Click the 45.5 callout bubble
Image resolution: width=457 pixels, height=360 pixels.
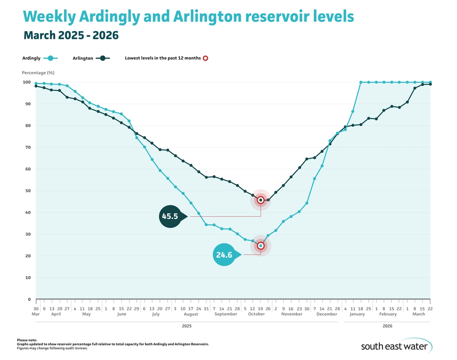tap(170, 217)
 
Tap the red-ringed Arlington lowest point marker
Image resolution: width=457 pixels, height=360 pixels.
tap(261, 200)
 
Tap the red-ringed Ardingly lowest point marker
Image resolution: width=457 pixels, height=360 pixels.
tap(261, 246)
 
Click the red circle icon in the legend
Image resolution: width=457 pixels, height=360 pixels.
tap(205, 58)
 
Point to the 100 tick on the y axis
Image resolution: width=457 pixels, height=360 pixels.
tap(26, 82)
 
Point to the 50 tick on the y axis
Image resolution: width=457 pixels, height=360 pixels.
tap(27, 191)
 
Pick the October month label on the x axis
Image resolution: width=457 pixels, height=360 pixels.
tap(257, 314)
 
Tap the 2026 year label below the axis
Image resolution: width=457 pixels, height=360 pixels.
tap(387, 327)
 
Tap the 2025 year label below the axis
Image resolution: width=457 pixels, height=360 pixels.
tap(187, 327)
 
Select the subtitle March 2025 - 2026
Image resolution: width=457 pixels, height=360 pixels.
tap(71, 35)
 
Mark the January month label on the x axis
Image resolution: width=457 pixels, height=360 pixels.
tap(357, 314)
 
